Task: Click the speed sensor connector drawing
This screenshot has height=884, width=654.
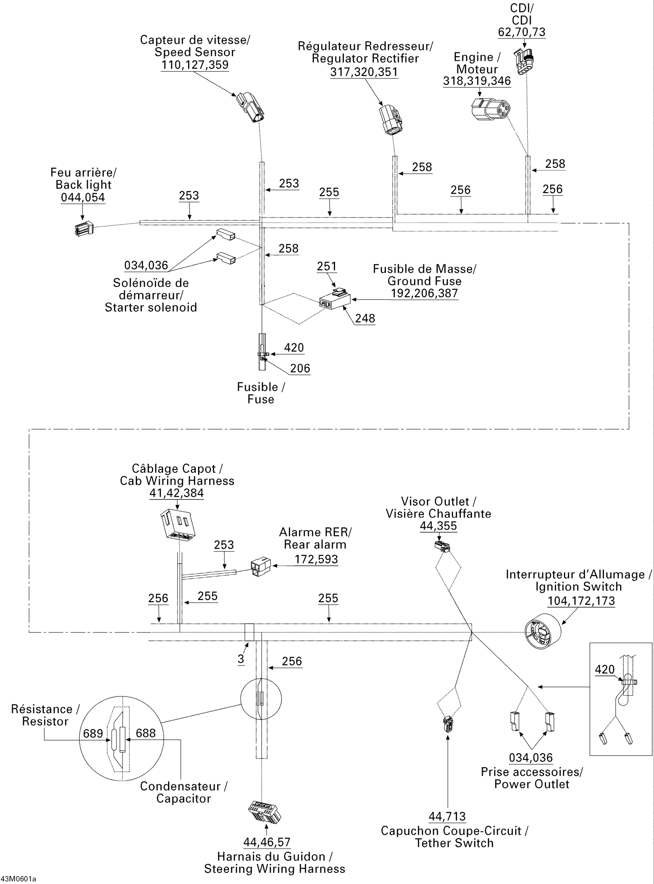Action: point(250,107)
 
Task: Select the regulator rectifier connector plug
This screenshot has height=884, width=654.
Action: point(390,120)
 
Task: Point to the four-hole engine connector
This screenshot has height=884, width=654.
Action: point(490,109)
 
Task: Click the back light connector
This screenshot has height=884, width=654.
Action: point(84,229)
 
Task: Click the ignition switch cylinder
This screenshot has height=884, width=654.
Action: point(542,631)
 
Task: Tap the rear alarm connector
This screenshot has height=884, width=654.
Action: point(261,567)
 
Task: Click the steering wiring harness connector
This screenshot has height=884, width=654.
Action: point(264,811)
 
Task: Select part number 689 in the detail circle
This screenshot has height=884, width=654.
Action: point(93,734)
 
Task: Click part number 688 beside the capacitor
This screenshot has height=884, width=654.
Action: point(146,733)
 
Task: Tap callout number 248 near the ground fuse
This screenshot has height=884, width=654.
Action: point(365,318)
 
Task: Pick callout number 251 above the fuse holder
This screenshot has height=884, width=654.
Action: point(327,267)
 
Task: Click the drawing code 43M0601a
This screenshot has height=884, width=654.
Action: point(18,879)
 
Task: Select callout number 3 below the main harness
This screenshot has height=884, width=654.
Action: point(241,659)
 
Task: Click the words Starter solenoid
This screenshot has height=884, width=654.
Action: point(151,308)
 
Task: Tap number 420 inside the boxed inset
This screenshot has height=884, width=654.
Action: point(605,669)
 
